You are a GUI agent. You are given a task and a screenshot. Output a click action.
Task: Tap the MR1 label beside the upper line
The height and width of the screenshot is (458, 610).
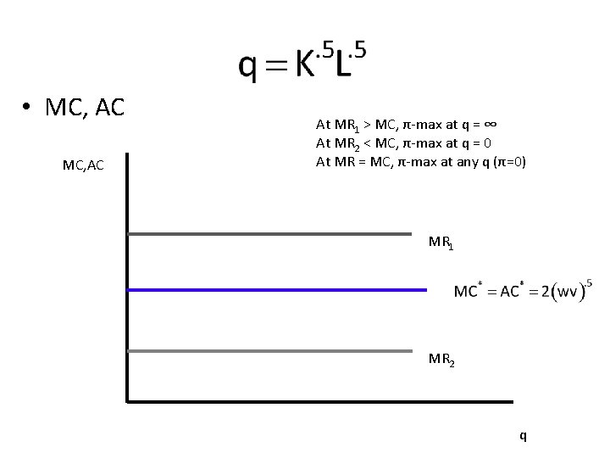pos(441,243)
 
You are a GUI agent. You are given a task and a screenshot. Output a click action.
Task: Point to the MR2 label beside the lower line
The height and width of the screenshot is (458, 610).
pos(441,360)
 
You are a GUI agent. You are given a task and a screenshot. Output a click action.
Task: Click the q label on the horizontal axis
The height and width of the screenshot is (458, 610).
pos(523,436)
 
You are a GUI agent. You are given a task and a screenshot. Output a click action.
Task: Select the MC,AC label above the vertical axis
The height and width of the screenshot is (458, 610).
pos(83,165)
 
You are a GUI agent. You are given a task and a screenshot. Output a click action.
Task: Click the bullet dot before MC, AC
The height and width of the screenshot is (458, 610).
pos(28,108)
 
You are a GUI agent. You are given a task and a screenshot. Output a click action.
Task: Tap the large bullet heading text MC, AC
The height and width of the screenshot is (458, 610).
pos(85,108)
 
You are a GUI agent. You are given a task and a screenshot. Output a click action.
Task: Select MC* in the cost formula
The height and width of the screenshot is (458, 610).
pos(468,293)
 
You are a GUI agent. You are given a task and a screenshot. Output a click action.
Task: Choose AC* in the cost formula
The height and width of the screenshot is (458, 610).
pos(511,293)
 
